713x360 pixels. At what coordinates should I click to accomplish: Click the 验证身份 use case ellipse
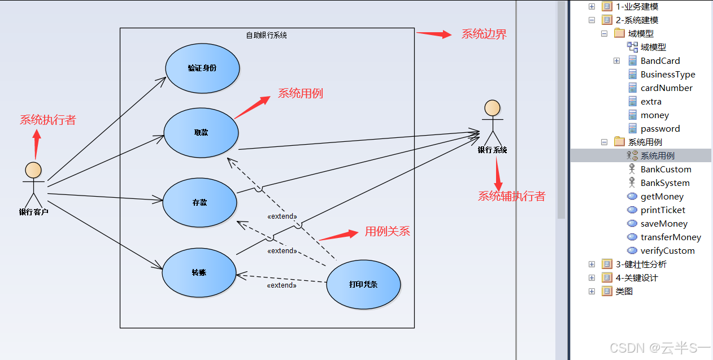click(x=202, y=68)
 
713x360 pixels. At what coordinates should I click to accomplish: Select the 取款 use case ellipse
click(x=201, y=133)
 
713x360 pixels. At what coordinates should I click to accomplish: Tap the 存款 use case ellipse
click(x=199, y=202)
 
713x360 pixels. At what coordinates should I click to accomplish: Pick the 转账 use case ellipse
click(x=199, y=272)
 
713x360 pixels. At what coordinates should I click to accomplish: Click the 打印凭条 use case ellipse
click(x=363, y=284)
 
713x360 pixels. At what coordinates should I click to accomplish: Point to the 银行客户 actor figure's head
click(x=33, y=170)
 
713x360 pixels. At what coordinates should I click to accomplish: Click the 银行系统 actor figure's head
click(x=492, y=109)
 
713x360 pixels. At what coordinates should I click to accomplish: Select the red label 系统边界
click(x=484, y=34)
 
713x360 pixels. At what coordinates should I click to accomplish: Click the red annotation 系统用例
click(x=300, y=93)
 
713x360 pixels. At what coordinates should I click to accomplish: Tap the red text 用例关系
click(x=387, y=231)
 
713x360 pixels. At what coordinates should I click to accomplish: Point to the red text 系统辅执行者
click(x=512, y=196)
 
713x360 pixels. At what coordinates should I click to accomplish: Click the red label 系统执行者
click(x=47, y=120)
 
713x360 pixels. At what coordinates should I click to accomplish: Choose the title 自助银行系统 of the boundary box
click(x=267, y=35)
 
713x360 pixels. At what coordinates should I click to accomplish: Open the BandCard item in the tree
click(x=660, y=61)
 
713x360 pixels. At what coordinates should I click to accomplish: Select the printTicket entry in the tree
click(x=663, y=210)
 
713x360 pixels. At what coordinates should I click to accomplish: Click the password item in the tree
click(x=660, y=129)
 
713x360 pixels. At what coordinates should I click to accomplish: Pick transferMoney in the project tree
click(x=671, y=237)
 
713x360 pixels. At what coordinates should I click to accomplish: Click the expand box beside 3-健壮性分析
click(x=592, y=264)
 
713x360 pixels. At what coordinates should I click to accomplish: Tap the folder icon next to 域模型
click(x=619, y=34)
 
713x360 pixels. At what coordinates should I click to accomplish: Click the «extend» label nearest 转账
click(x=281, y=285)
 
